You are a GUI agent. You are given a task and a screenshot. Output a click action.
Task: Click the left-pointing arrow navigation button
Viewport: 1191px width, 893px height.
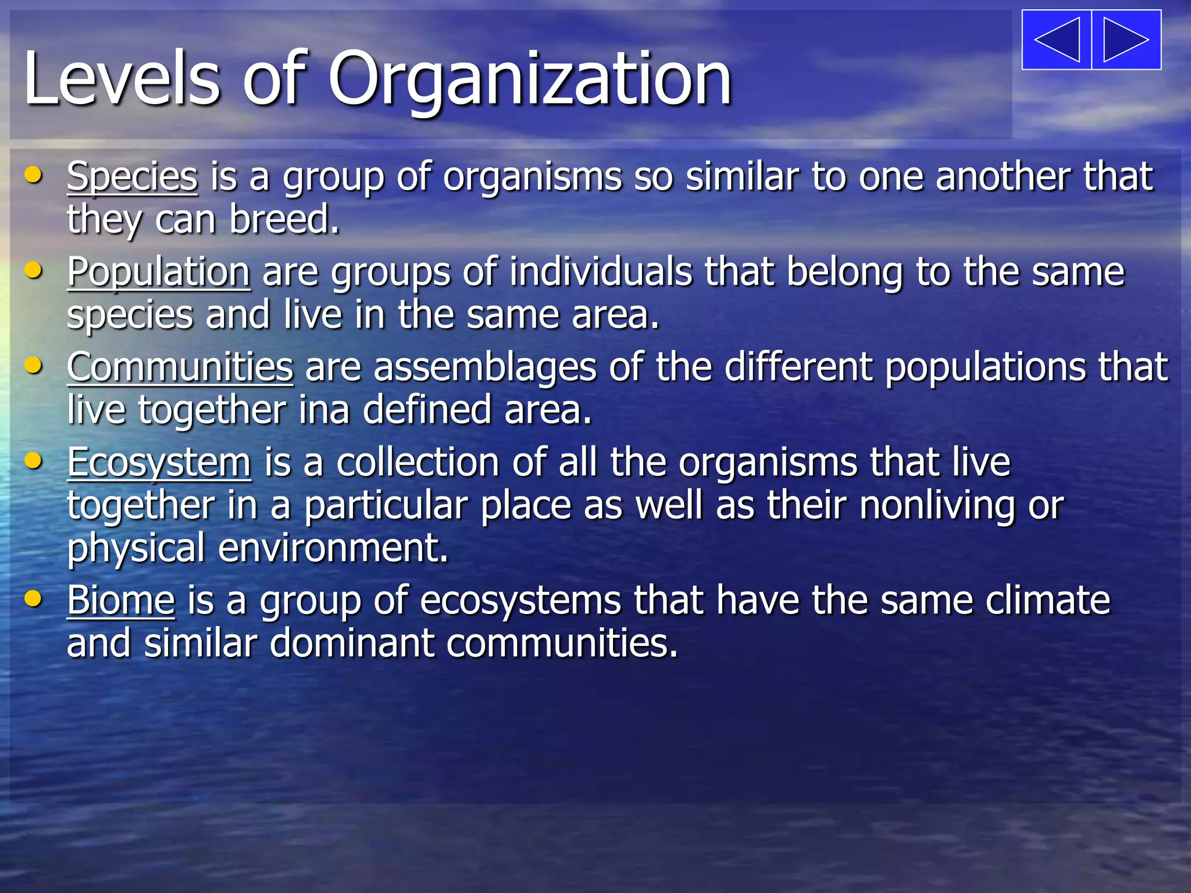tap(1057, 40)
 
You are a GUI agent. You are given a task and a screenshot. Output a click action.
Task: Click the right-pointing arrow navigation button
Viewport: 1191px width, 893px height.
tap(1126, 40)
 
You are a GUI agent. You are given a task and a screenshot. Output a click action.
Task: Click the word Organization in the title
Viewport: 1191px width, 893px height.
tap(530, 79)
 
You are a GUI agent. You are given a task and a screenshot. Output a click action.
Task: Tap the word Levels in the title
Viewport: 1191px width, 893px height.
tap(122, 78)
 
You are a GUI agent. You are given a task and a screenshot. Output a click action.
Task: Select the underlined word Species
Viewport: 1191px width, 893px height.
tap(132, 176)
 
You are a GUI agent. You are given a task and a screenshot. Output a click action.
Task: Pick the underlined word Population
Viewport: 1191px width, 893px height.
tap(159, 272)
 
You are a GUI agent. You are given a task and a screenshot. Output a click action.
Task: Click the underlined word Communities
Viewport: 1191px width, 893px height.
tap(180, 367)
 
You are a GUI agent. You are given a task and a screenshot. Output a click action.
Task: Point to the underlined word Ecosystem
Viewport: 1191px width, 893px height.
tap(159, 463)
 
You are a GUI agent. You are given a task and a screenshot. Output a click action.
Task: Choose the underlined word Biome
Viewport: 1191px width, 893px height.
tap(121, 600)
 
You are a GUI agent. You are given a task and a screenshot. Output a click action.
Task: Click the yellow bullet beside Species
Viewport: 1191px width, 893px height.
tap(34, 174)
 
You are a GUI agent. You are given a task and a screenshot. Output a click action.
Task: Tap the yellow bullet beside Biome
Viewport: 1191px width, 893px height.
tap(34, 598)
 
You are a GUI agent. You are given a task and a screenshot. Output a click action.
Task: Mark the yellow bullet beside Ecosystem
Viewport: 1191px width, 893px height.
tap(34, 461)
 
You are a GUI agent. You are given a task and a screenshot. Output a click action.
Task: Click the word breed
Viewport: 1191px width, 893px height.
tap(284, 220)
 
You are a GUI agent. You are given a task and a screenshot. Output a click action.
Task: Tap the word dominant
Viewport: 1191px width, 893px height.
tap(351, 644)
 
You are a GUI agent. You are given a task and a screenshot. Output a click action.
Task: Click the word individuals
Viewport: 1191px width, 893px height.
tap(601, 272)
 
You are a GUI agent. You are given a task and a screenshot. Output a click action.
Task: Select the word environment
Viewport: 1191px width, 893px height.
tap(333, 548)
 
